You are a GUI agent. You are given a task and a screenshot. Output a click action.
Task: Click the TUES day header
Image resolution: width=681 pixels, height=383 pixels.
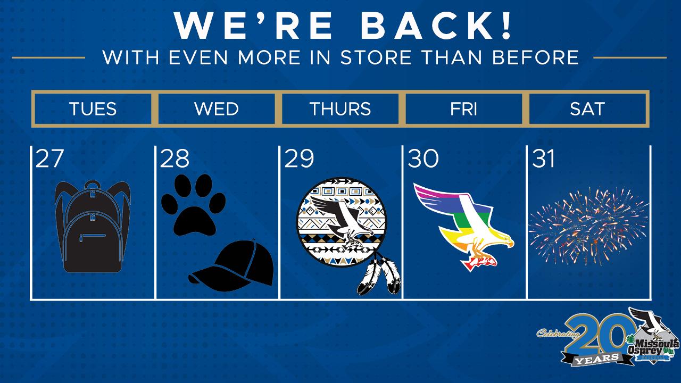tap(93, 109)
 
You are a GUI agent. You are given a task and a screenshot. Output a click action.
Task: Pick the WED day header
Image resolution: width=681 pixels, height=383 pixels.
tap(217, 109)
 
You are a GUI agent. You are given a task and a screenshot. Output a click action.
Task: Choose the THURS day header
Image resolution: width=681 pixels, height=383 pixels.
tap(340, 109)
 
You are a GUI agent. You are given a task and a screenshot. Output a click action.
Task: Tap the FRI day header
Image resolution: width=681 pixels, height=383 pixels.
tap(463, 109)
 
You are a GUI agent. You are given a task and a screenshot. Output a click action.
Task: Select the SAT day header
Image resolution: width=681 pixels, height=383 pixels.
tap(587, 109)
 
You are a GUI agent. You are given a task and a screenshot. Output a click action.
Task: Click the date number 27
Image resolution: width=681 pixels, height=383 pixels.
tap(49, 159)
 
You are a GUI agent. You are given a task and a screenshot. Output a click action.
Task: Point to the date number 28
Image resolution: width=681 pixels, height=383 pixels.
tap(175, 159)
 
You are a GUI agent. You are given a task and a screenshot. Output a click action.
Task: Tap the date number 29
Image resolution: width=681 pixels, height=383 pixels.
tap(299, 159)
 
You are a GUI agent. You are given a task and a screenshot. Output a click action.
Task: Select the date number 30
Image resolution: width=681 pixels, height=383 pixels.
tap(423, 159)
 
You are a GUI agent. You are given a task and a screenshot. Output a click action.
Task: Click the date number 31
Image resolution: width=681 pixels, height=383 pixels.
tap(543, 159)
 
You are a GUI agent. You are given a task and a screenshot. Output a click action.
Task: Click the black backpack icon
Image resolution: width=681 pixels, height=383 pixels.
tap(93, 227)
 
